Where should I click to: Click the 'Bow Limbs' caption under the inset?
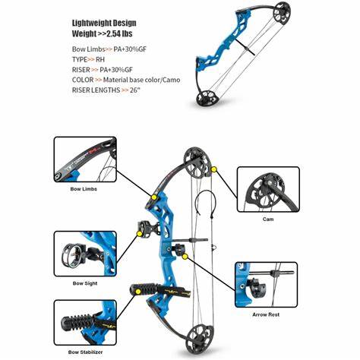(84, 189)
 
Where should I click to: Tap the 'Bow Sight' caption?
(85, 283)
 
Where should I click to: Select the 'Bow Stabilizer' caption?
(85, 352)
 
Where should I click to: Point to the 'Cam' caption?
(268, 219)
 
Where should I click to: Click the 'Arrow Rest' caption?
(266, 314)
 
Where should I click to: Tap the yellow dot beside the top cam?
(214, 169)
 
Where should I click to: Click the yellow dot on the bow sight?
(139, 234)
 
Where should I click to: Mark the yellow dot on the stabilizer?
(138, 292)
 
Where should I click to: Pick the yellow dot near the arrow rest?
(185, 257)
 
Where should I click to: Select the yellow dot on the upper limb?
(153, 197)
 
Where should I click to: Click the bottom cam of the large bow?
(200, 339)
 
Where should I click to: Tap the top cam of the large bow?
(197, 163)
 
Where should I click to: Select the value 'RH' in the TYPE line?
(100, 59)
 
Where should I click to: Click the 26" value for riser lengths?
(135, 90)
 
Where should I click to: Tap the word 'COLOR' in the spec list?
(83, 80)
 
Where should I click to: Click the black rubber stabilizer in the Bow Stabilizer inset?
(77, 322)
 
